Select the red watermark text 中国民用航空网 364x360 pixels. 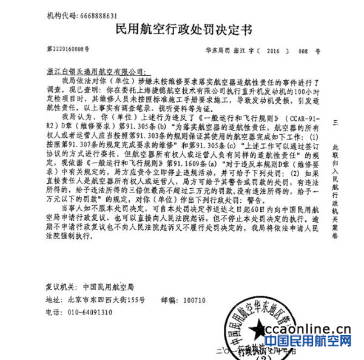pyautogui.click(x=309, y=345)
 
